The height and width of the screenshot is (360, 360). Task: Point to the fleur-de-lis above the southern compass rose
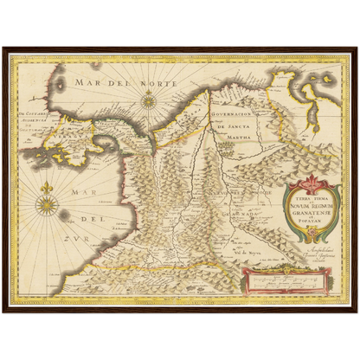48,186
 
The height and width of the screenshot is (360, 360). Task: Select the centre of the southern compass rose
48,206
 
